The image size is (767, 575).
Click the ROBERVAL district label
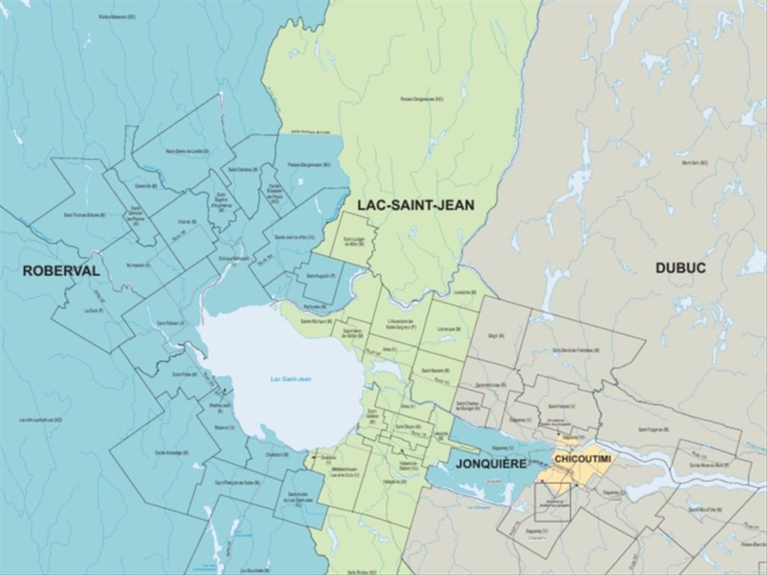click(x=62, y=271)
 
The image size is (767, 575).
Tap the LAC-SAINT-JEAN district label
click(x=416, y=205)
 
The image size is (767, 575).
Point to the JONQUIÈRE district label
click(x=490, y=464)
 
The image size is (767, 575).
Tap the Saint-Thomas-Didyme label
click(x=85, y=214)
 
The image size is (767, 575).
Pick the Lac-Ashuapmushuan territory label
click(x=40, y=420)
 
